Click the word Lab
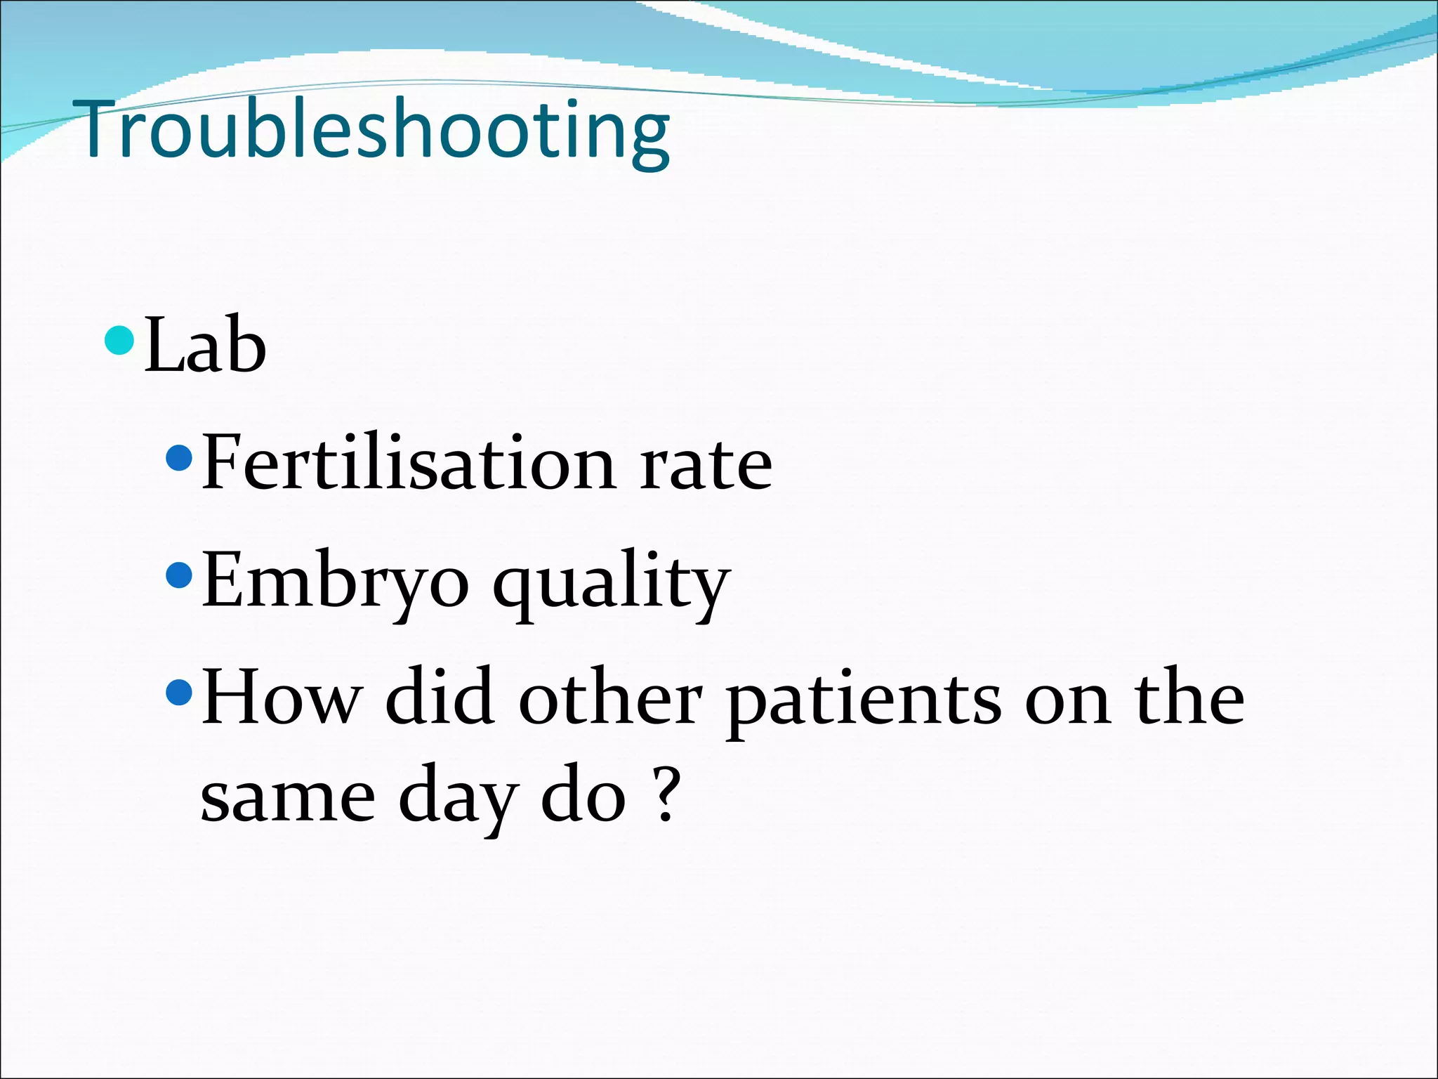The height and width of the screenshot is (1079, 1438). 205,346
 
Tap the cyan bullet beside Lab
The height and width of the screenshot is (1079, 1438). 119,341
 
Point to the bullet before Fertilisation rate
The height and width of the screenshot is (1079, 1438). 179,459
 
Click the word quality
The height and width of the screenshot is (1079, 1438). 611,582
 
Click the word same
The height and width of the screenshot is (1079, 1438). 288,799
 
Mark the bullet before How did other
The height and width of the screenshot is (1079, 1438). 179,693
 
